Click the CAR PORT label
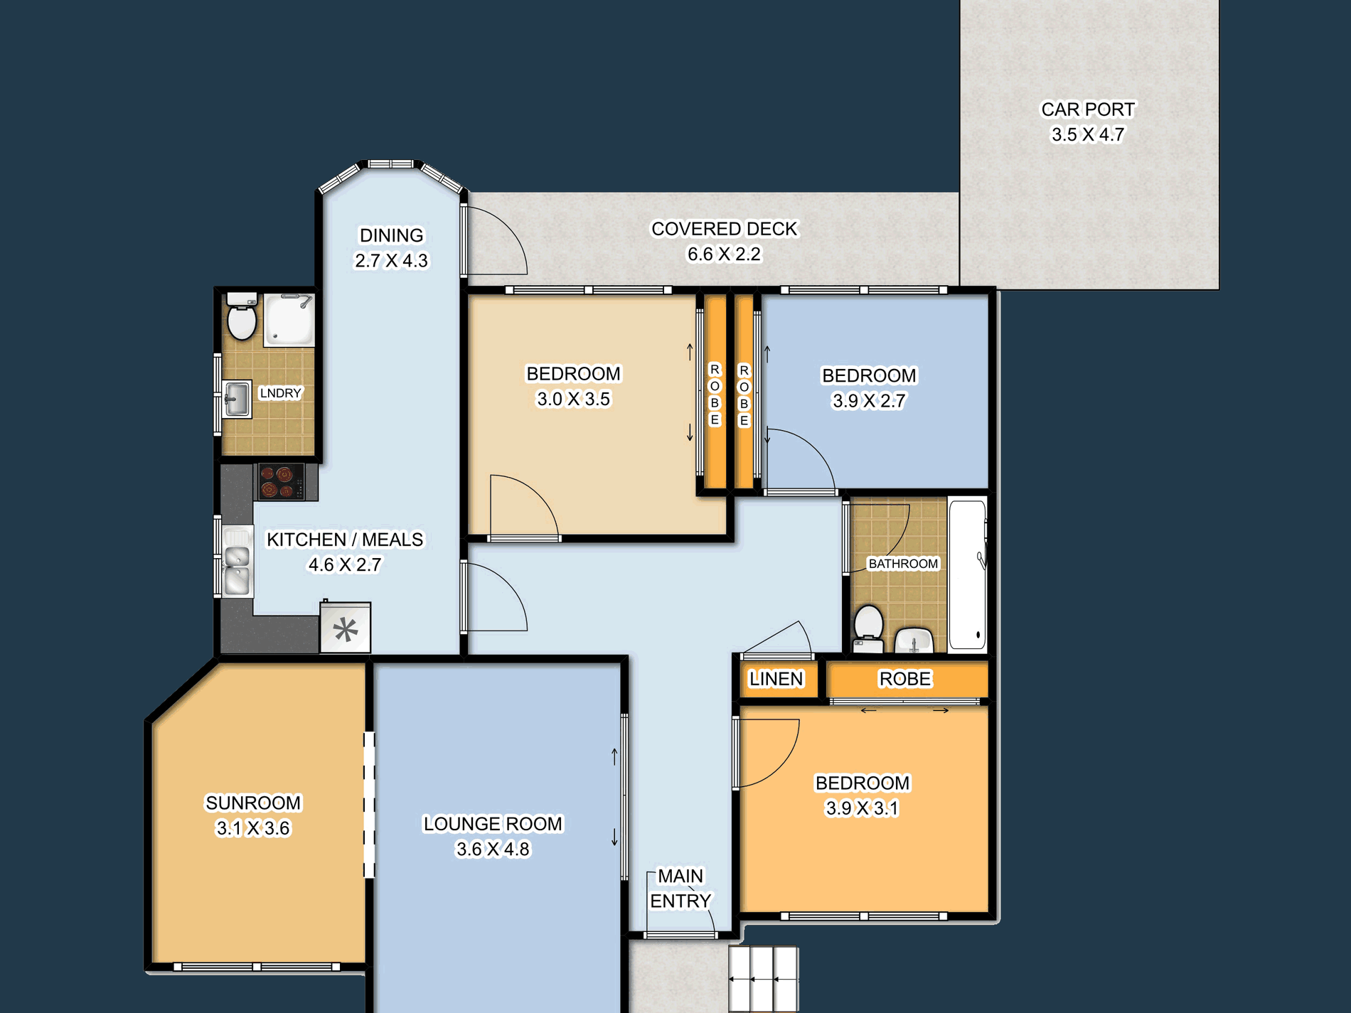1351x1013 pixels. [1088, 109]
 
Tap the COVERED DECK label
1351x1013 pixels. [725, 229]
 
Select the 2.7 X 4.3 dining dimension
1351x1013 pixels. [391, 261]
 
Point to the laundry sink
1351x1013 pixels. [237, 399]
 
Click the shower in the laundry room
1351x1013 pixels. [289, 320]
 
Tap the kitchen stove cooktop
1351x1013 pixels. [281, 481]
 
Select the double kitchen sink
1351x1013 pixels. [237, 561]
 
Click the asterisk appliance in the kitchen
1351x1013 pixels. [346, 628]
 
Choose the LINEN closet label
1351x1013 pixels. [776, 679]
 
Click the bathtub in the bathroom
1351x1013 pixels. [968, 574]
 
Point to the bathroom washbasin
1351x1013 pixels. [914, 640]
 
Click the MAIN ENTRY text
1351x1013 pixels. [680, 889]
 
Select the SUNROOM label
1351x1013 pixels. [253, 803]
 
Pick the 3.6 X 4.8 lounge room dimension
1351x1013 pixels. [493, 849]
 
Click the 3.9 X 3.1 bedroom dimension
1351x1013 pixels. [862, 808]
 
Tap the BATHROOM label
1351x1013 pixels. [903, 564]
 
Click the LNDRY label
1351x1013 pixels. [281, 393]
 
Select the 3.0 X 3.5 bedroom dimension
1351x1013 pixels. [573, 400]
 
